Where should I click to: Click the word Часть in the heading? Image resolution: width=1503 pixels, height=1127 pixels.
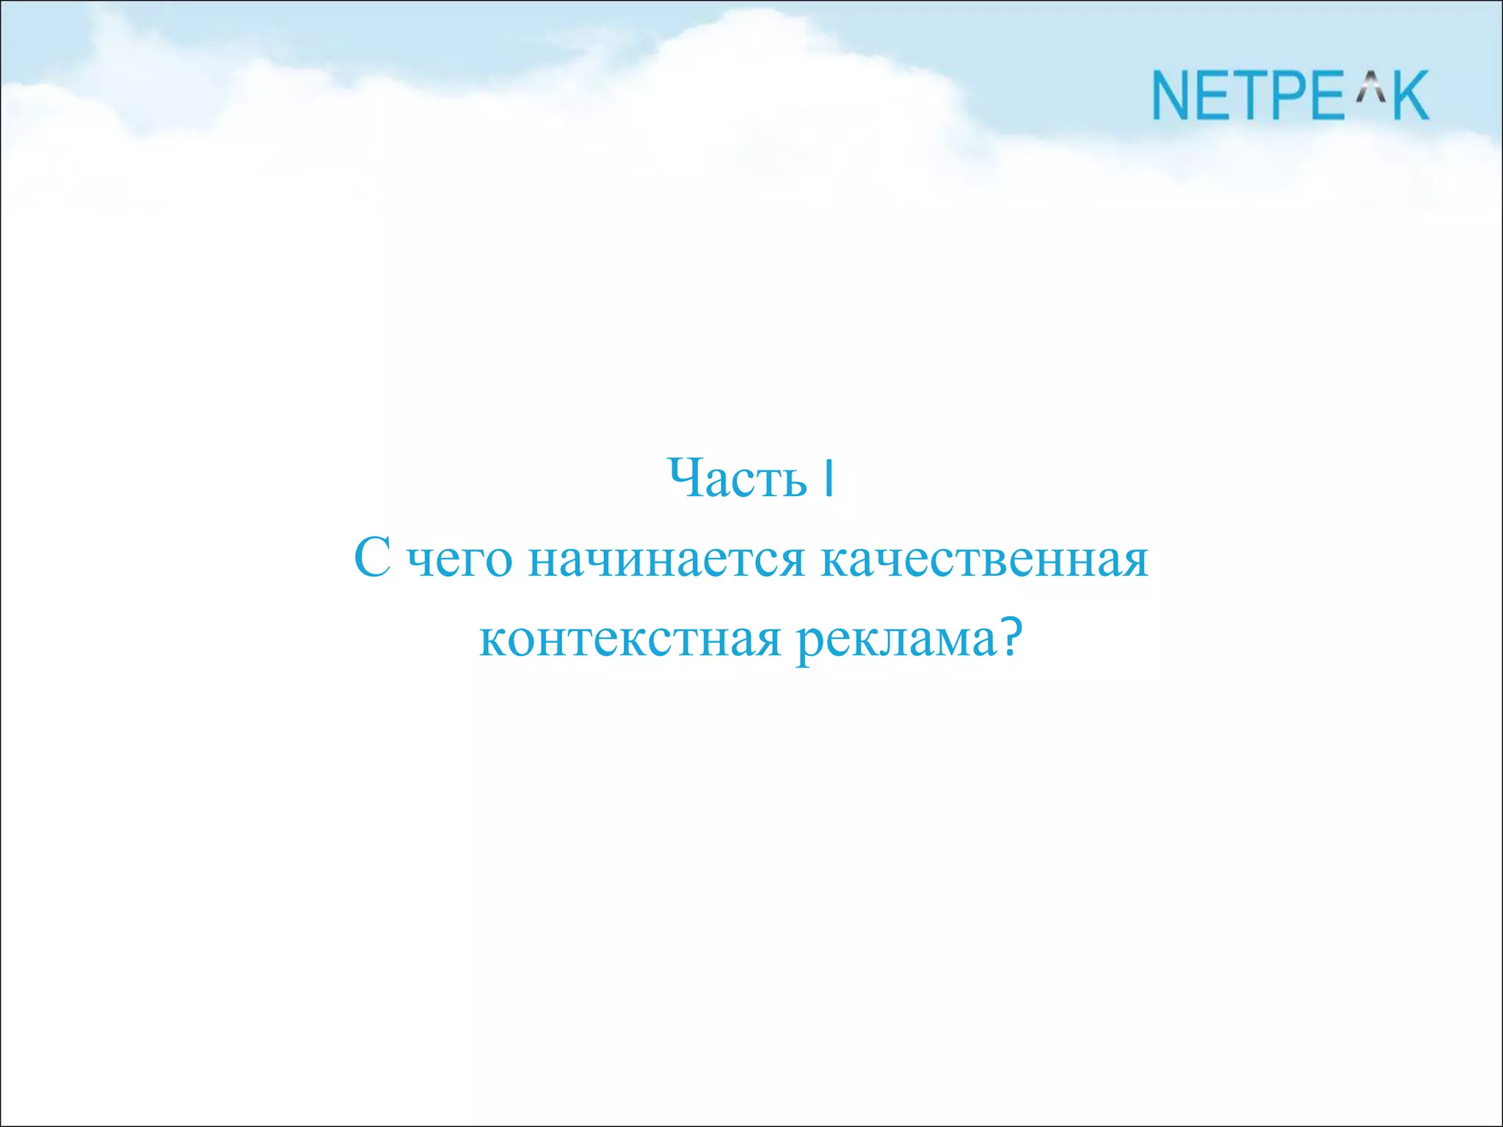(737, 479)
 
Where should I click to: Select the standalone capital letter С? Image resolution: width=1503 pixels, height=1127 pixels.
(372, 558)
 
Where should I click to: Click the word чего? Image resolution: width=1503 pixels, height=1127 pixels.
(459, 561)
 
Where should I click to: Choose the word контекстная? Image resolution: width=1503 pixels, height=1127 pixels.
(630, 639)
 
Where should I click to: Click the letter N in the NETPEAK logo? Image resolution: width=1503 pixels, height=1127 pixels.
(1172, 95)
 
